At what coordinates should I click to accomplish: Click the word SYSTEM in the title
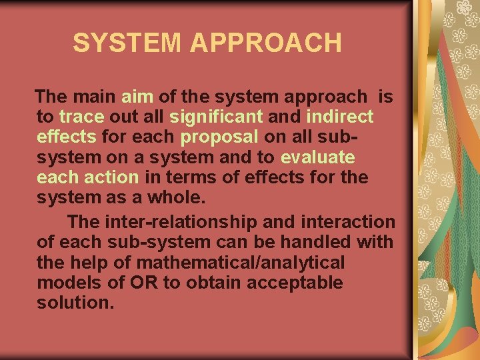tap(127, 43)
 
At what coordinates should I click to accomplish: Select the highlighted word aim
tap(137, 97)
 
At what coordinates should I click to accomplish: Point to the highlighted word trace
tap(82, 117)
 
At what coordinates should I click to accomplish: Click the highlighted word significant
tap(216, 117)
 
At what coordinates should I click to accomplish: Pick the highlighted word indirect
tap(340, 117)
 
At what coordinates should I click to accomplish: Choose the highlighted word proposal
tap(219, 137)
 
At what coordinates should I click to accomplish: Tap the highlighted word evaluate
tap(318, 158)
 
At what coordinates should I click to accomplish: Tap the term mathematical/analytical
tap(242, 262)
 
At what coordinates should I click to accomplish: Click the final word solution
tap(75, 303)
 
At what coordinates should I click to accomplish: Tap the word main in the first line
tap(97, 97)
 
